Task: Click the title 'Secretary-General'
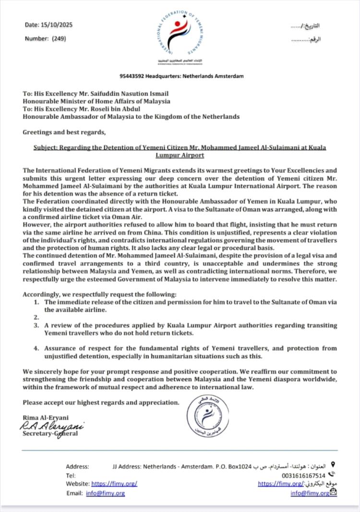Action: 50,434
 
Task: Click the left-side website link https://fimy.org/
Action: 114,484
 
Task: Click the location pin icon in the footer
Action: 333,465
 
